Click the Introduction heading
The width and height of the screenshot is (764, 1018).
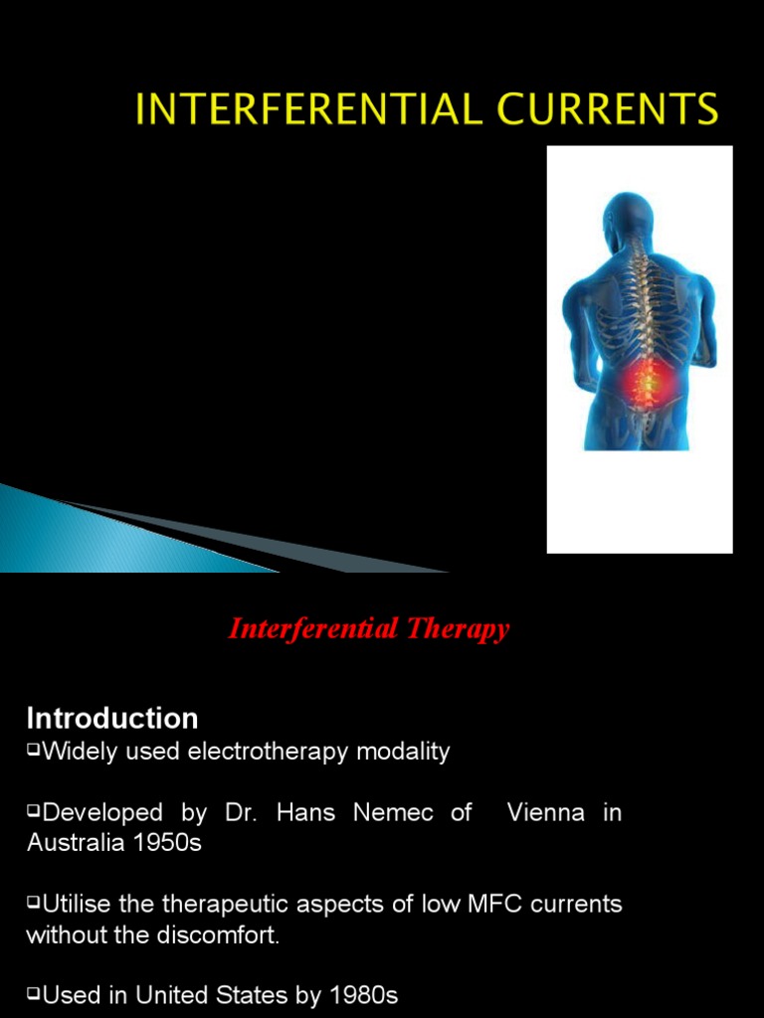[x=112, y=718]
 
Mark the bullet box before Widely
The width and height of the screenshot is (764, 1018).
[x=33, y=751]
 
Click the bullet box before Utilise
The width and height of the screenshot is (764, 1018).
[x=33, y=904]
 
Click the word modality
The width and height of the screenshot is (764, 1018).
[x=410, y=752]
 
